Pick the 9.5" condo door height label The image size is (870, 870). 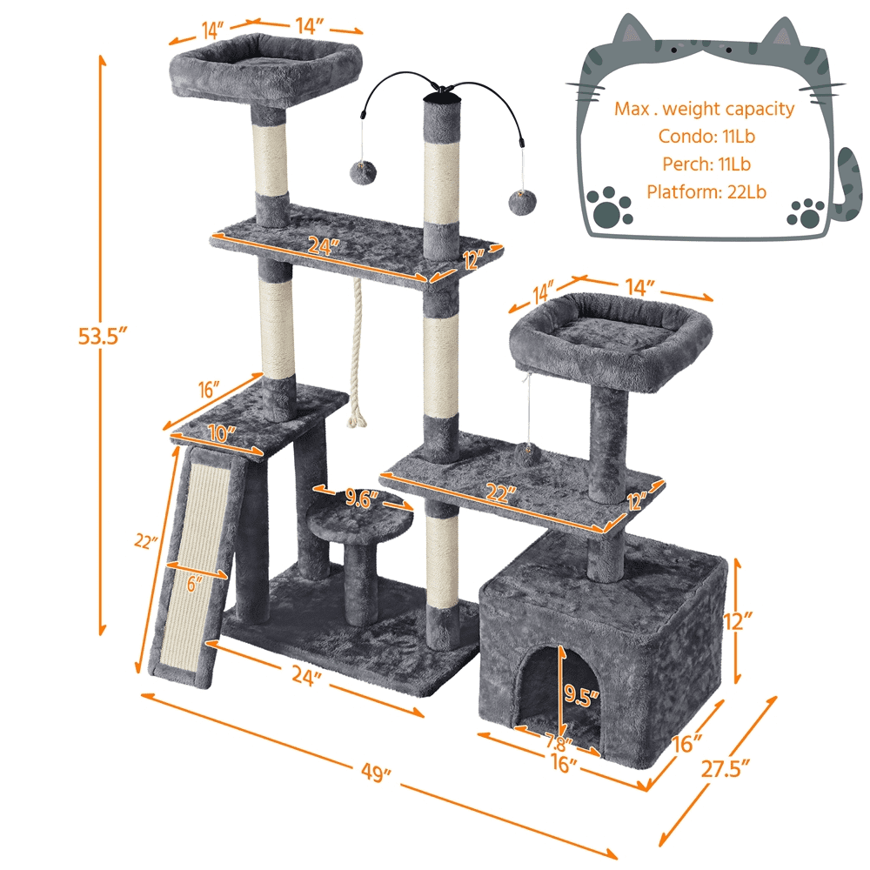[581, 693]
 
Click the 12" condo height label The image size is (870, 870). [738, 621]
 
